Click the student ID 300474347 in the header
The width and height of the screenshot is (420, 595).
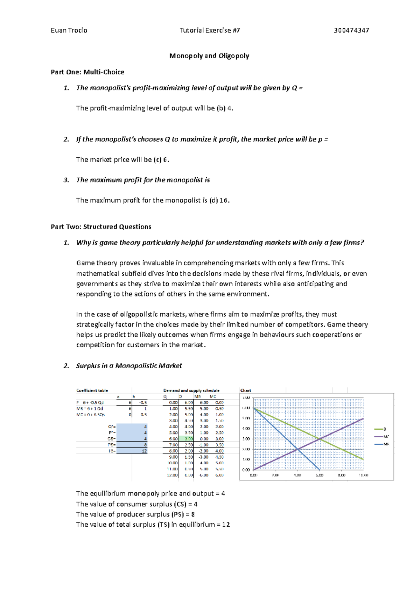351,30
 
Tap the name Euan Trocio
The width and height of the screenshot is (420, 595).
69,30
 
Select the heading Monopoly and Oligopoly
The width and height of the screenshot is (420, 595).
209,56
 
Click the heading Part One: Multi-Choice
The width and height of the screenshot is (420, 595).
87,72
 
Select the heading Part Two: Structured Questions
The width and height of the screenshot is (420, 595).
101,227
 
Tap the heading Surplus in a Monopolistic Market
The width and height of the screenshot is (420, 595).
129,366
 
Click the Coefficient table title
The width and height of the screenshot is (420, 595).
92,390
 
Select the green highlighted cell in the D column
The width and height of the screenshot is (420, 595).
189,439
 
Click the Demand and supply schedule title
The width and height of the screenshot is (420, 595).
191,390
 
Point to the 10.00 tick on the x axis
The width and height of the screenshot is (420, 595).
363,475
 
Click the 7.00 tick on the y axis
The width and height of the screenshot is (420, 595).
246,398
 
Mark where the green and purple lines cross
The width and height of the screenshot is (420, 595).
320,439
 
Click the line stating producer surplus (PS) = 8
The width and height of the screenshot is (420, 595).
135,514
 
